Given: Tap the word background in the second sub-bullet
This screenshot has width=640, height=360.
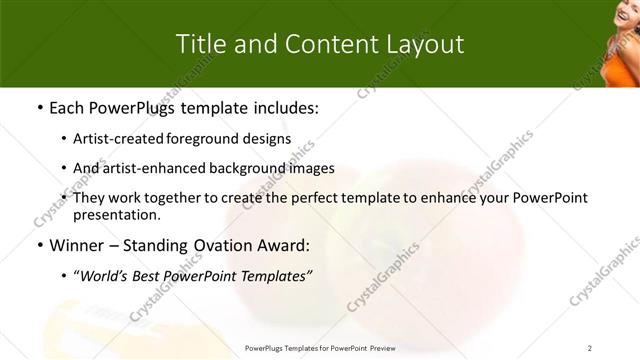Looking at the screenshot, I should (239, 168).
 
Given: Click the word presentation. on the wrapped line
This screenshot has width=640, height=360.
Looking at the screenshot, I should (116, 214).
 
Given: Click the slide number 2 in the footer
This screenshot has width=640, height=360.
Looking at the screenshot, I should (590, 348).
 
